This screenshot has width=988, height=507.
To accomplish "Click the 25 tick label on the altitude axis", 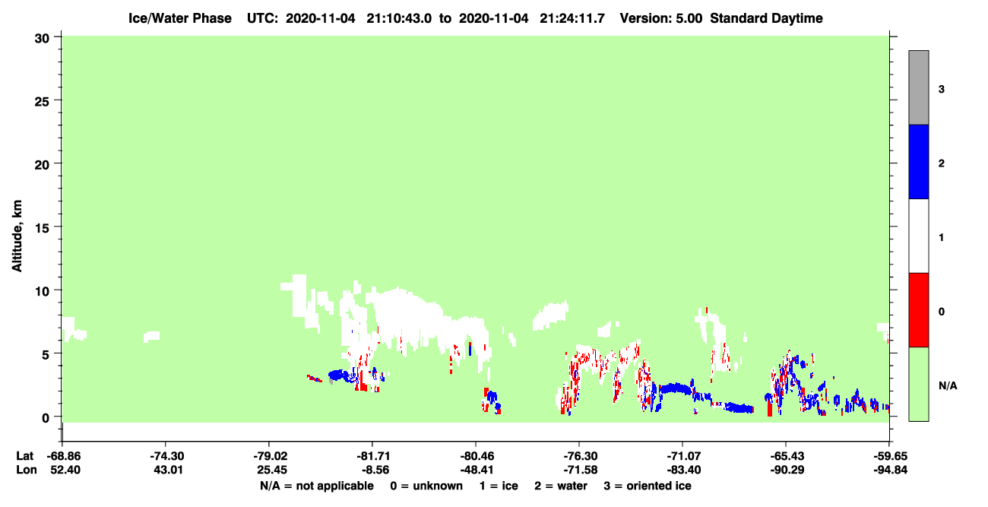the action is pyautogui.click(x=42, y=102).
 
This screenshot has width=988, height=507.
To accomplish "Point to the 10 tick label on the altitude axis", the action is pyautogui.click(x=42, y=292).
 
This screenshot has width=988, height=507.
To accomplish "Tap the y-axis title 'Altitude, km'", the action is pyautogui.click(x=17, y=236).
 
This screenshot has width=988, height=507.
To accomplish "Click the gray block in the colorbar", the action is pyautogui.click(x=919, y=87).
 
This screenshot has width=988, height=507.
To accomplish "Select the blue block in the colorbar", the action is pyautogui.click(x=919, y=161).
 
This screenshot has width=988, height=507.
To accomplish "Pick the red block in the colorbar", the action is pyautogui.click(x=919, y=310).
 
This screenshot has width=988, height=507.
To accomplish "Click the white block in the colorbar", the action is pyautogui.click(x=919, y=236).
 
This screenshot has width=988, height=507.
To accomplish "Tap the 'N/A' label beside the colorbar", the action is pyautogui.click(x=948, y=386).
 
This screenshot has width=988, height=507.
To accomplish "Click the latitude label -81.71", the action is pyautogui.click(x=372, y=456).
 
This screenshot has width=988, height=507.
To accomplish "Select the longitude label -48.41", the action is pyautogui.click(x=476, y=470).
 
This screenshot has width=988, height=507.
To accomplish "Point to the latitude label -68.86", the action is pyautogui.click(x=64, y=456).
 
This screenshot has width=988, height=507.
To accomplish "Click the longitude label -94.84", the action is pyautogui.click(x=890, y=470).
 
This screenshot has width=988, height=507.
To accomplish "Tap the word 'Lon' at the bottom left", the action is pyautogui.click(x=27, y=470).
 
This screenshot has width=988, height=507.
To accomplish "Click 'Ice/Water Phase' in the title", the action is pyautogui.click(x=180, y=18).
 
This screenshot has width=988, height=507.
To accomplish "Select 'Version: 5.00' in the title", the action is pyautogui.click(x=660, y=18).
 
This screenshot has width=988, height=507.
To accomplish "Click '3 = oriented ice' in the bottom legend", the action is pyautogui.click(x=648, y=486).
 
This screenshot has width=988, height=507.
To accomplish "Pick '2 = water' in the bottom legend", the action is pyautogui.click(x=561, y=486).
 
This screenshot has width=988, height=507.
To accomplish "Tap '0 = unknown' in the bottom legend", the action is pyautogui.click(x=426, y=486).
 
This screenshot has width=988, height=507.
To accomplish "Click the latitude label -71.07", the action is pyautogui.click(x=682, y=456).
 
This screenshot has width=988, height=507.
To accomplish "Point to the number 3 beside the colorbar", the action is pyautogui.click(x=941, y=90).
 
